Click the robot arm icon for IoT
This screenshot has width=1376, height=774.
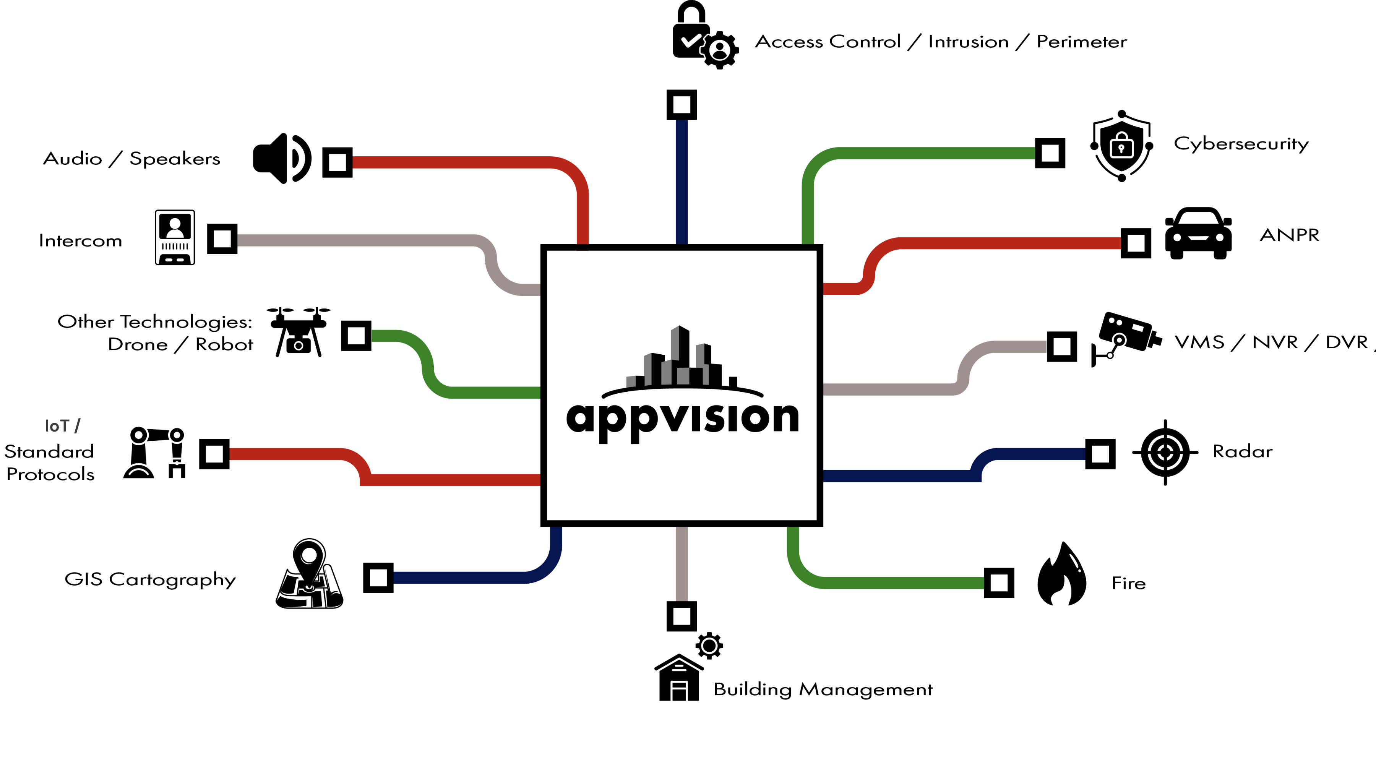(x=154, y=453)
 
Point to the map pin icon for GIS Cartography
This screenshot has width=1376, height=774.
(x=309, y=573)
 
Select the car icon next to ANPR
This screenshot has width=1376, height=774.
(x=1198, y=234)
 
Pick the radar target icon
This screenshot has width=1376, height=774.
(x=1165, y=453)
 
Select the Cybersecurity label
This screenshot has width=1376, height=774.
(x=1241, y=144)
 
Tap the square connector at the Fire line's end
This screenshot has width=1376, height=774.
(x=999, y=583)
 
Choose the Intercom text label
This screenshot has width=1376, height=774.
(x=81, y=240)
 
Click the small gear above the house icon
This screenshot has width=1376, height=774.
(x=709, y=646)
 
